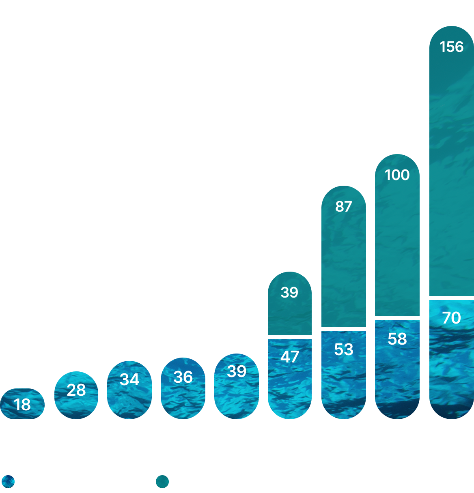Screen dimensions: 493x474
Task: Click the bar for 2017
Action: click(x=22, y=404)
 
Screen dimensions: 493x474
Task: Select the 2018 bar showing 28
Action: click(x=76, y=395)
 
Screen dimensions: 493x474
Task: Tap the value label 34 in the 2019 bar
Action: click(x=129, y=379)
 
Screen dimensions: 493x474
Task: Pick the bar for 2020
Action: click(x=183, y=388)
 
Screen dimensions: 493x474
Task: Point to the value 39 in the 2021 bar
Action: click(x=237, y=371)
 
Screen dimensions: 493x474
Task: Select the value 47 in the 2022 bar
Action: click(x=289, y=357)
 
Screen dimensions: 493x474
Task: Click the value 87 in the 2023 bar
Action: click(x=343, y=206)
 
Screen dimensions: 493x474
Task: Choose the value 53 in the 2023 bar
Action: click(x=343, y=349)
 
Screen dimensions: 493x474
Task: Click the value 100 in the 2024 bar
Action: click(x=397, y=175)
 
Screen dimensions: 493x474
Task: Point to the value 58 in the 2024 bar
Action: click(x=397, y=339)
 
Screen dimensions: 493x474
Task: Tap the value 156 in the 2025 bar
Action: click(x=451, y=47)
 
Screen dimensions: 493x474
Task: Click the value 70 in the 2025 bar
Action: click(x=451, y=318)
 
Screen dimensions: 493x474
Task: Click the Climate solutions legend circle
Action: click(x=8, y=482)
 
